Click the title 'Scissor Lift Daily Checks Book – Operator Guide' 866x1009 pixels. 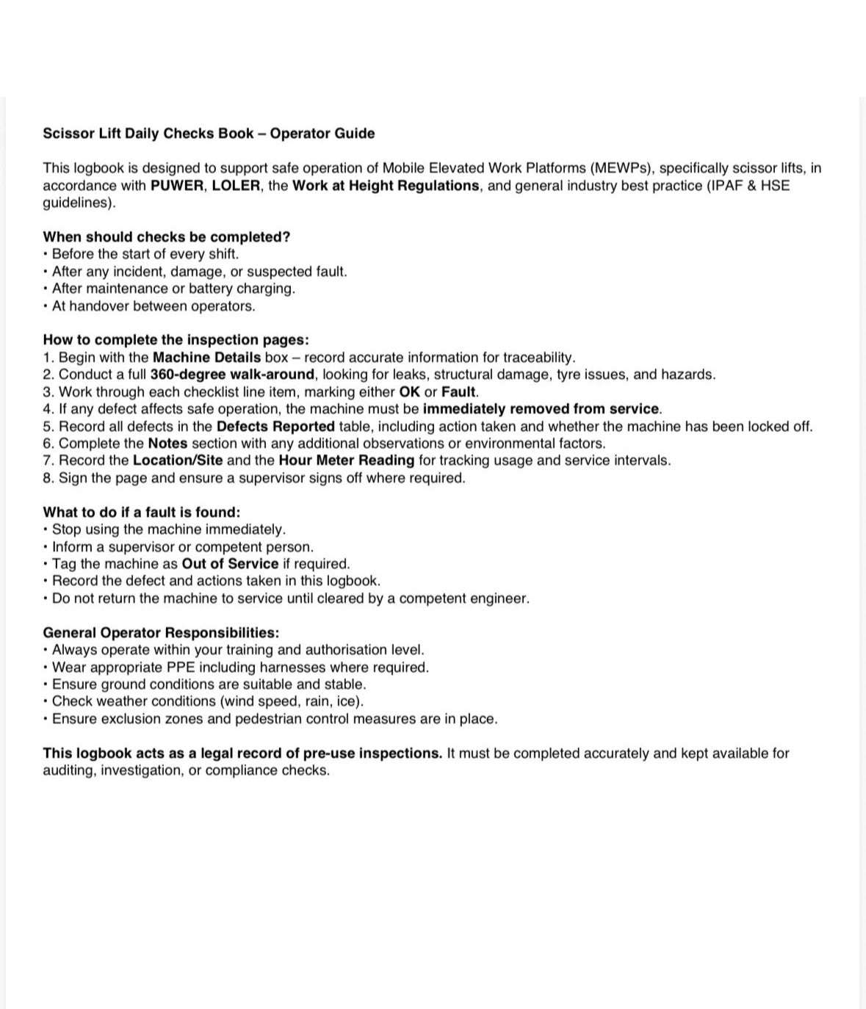[209, 134]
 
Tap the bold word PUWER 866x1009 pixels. [176, 186]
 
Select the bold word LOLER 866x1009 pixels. [236, 186]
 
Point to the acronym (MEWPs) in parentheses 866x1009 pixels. [621, 168]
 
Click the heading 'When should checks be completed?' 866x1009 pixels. [167, 237]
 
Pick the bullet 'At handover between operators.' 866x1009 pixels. [153, 306]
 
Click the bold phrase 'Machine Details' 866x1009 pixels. [206, 358]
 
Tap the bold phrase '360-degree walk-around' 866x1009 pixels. [232, 375]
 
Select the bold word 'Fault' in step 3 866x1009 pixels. [458, 392]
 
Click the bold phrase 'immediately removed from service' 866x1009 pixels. [541, 409]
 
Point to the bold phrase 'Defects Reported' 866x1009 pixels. [275, 427]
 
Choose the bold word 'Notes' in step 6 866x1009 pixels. [167, 444]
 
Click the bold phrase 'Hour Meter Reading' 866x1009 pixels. [346, 460]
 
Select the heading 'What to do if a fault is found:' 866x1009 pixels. [142, 513]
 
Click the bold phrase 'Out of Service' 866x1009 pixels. [230, 564]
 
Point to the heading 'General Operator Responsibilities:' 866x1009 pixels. [161, 633]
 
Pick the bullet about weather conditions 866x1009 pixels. [207, 701]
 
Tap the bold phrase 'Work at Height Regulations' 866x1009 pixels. [386, 186]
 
